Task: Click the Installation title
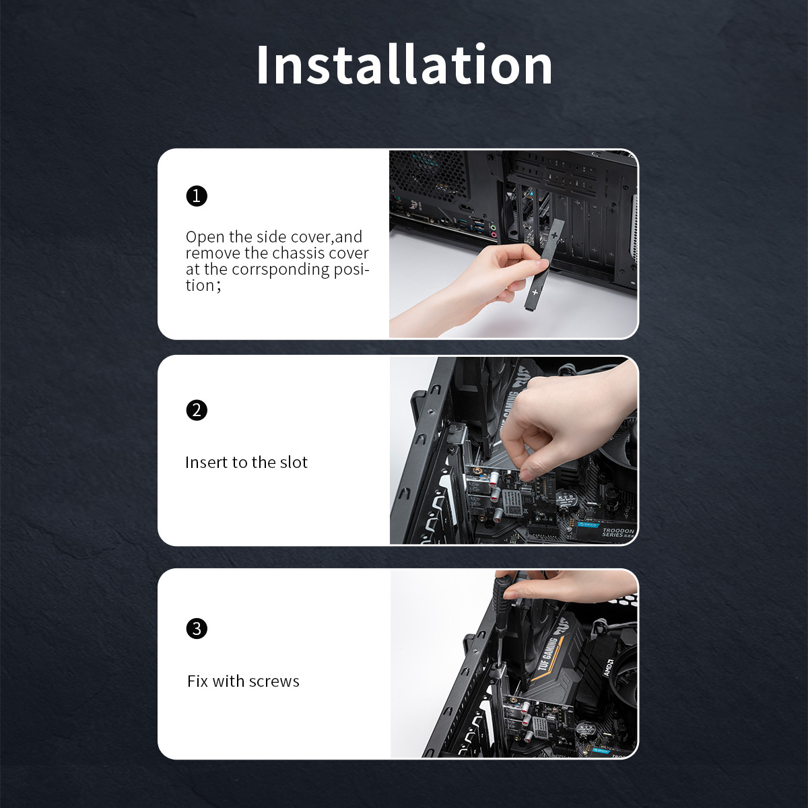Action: point(404,65)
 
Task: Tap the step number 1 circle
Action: point(197,196)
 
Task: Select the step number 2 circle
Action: point(197,410)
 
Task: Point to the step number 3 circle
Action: point(197,628)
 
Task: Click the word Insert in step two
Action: point(204,462)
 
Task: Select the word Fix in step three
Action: point(197,681)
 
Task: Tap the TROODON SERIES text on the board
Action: point(617,533)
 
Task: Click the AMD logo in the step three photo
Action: point(609,667)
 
